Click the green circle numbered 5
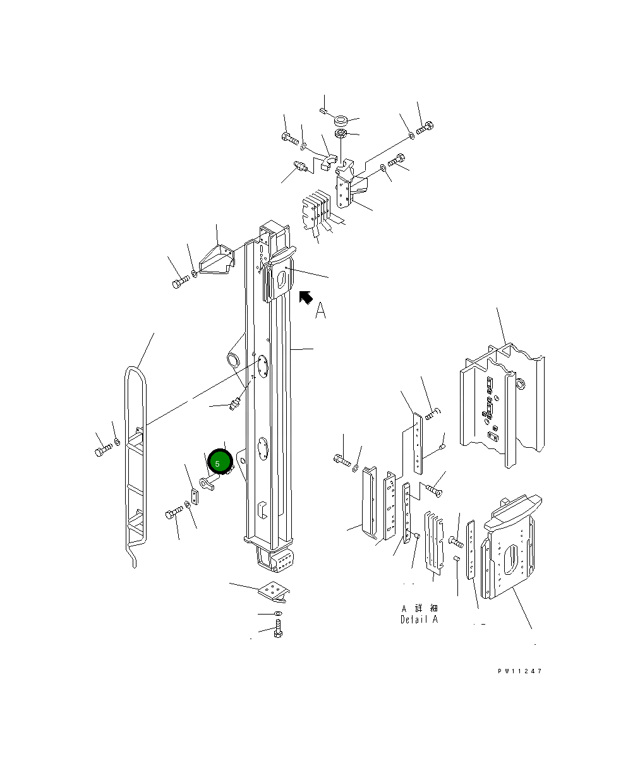(220, 461)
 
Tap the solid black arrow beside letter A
(305, 297)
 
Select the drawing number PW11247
(520, 671)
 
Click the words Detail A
(419, 620)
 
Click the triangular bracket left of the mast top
(217, 260)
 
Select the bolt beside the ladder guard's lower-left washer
(104, 450)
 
